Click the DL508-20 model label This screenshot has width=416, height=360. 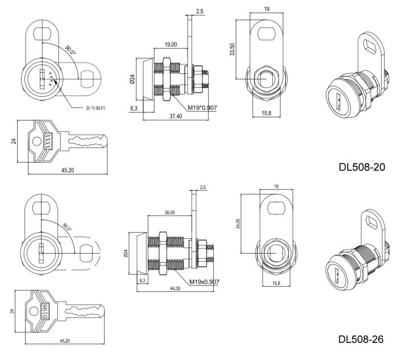(362, 167)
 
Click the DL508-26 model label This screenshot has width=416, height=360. (361, 339)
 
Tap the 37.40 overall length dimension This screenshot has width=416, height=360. (176, 116)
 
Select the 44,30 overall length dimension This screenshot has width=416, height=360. (175, 288)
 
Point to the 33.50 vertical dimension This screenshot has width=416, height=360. (232, 49)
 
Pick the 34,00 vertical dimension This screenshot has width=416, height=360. (238, 224)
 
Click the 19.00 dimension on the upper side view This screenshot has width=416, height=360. (170, 44)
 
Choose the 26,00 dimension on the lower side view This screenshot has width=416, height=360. (170, 212)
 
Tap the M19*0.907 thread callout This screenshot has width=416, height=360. (202, 108)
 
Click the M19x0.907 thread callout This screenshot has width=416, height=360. (204, 282)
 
